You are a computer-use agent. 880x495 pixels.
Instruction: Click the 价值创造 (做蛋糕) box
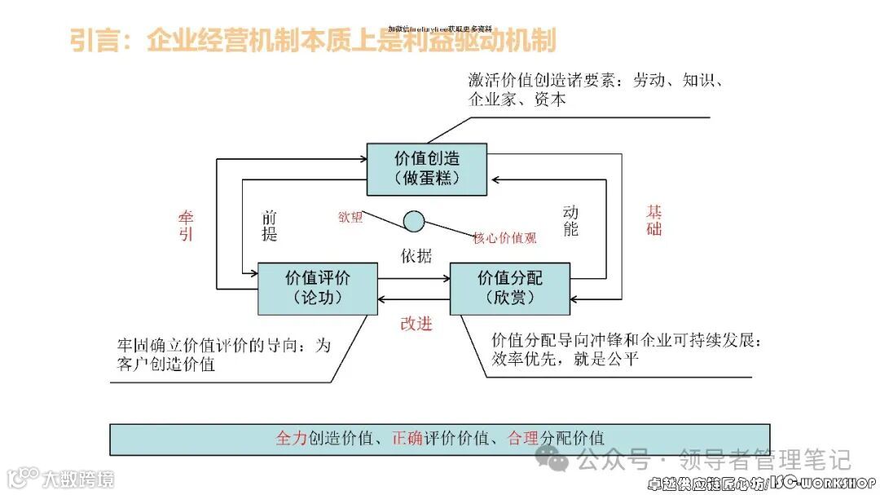[426, 170]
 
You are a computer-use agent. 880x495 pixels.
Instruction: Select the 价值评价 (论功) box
[318, 288]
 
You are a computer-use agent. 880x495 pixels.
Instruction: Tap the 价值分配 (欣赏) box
[509, 288]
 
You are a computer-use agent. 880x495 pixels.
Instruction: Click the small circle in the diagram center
[414, 220]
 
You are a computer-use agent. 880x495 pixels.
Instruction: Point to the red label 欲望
[350, 217]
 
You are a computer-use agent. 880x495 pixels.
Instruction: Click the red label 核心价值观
[505, 238]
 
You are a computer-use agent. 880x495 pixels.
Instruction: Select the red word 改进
[416, 323]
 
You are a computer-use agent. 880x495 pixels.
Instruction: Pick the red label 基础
[653, 219]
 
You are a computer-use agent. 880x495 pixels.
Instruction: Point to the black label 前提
[270, 226]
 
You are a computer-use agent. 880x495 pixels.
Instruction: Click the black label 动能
[570, 220]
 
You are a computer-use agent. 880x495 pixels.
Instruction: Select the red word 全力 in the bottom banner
[291, 438]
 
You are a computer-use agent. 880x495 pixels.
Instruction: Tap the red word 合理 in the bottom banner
[522, 438]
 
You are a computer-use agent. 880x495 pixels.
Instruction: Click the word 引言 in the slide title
[95, 41]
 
